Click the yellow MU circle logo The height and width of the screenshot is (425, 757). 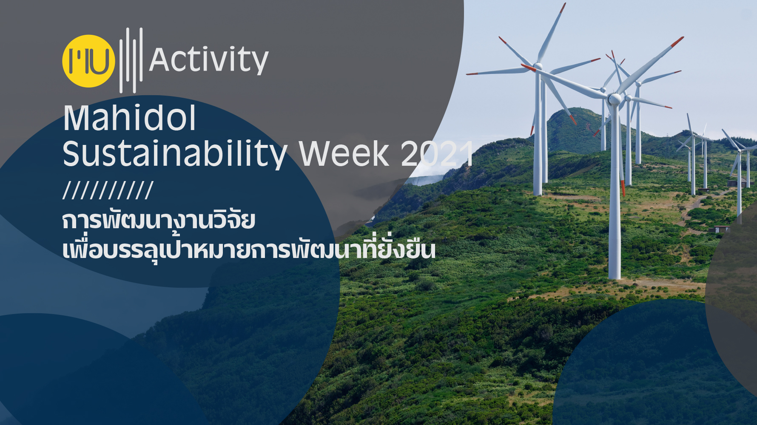point(89,61)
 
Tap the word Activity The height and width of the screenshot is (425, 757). point(209,60)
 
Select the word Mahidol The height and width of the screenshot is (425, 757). point(129,118)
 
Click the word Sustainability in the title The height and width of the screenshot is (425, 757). point(175,154)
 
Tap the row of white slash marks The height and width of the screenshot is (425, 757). point(108,190)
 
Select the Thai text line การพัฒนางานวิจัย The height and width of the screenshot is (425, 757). point(159,221)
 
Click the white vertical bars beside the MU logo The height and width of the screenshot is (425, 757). point(131,60)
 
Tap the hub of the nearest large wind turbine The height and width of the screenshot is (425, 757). point(614,99)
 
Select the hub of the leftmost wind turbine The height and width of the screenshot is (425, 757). point(538,66)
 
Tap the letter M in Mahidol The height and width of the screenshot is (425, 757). point(76,118)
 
